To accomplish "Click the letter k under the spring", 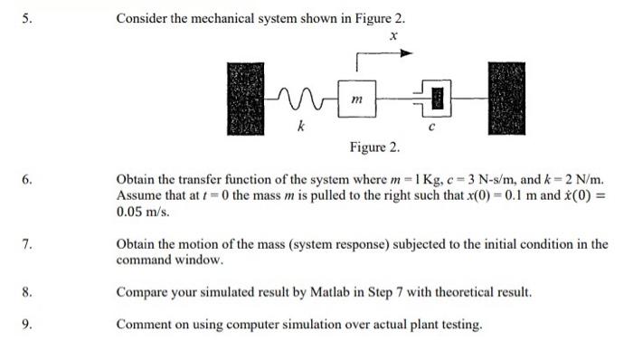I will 300,127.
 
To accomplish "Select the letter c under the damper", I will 432,127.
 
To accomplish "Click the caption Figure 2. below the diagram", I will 374,147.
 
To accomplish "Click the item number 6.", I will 27,180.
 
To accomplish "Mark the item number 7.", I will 27,244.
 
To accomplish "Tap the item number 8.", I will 27,293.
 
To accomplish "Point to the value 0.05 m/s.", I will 142,211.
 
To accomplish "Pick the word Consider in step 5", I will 142,19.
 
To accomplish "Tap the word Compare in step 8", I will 143,293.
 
